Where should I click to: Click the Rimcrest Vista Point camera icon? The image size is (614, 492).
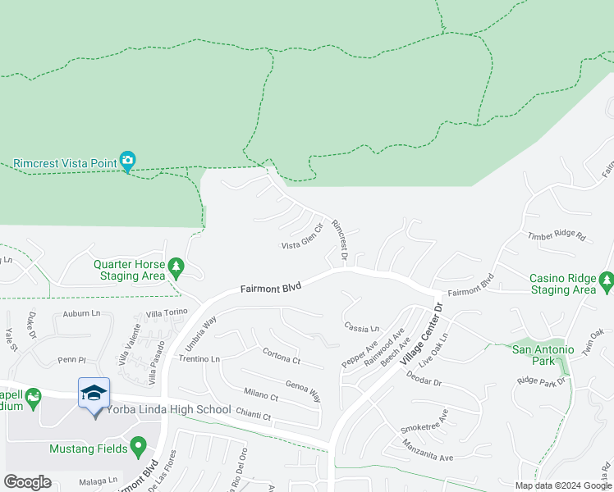[x=127, y=161]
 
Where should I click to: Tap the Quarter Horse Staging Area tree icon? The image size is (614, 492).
[x=175, y=268]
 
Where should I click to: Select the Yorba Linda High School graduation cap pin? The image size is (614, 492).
[x=94, y=394]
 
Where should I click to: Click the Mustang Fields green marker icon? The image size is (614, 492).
[x=138, y=448]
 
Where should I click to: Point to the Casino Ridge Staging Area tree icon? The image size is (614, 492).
[x=607, y=282]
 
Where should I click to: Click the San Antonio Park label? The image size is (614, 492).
[x=547, y=355]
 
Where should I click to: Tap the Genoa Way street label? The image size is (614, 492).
[x=303, y=389]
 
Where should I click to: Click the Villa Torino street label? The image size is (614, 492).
[x=167, y=312]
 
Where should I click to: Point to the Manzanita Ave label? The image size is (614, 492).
[x=428, y=451]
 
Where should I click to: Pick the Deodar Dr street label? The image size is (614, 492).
[x=424, y=381]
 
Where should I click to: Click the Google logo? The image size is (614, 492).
[x=27, y=482]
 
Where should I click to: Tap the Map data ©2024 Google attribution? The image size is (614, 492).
[x=562, y=485]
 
